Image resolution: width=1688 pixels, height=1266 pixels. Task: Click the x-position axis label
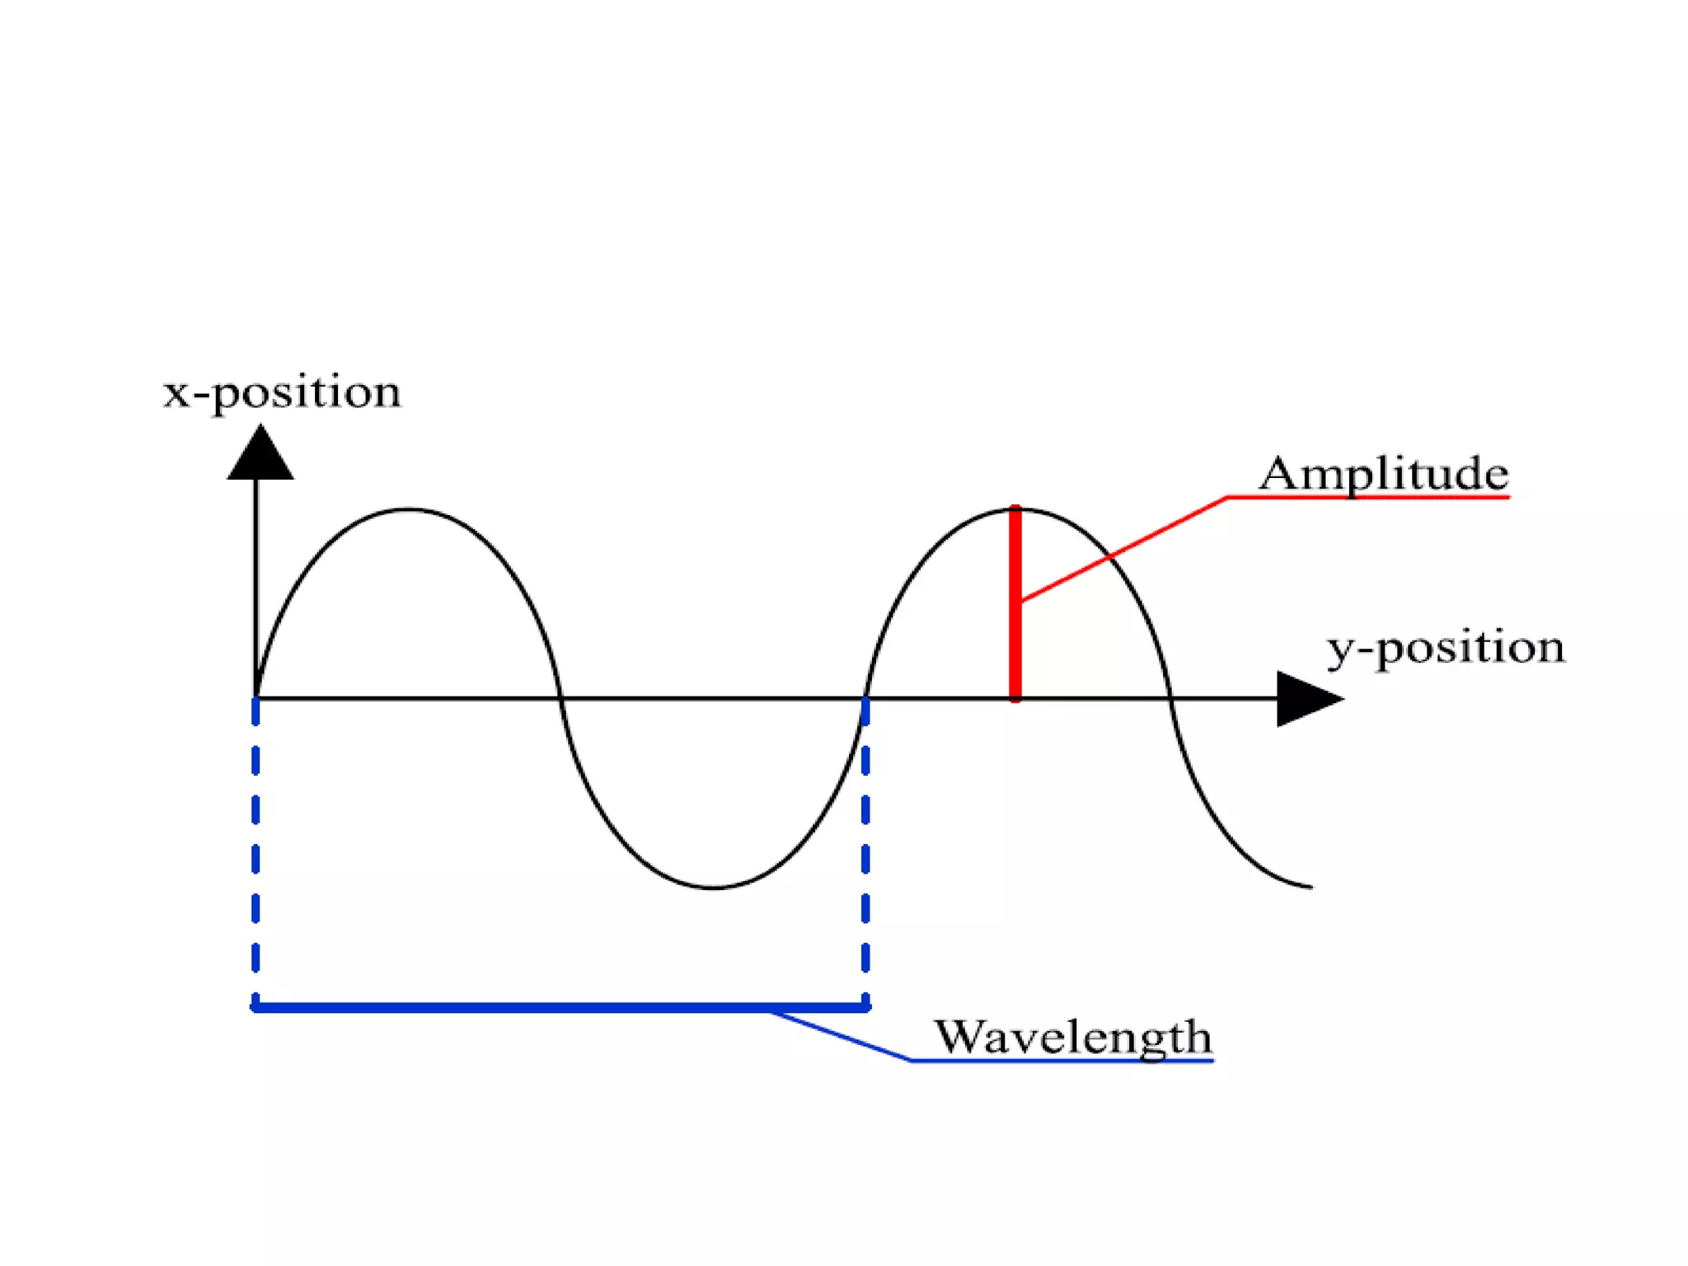282,392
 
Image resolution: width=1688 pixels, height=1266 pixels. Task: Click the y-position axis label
1445,648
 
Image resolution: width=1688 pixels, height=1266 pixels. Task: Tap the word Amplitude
1384,474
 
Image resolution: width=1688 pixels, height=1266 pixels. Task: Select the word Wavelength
1072,1037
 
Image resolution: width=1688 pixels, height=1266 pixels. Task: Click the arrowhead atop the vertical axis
260,455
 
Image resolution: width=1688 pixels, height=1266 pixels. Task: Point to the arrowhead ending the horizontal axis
1306,699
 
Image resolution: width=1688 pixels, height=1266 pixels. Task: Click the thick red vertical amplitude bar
1015,626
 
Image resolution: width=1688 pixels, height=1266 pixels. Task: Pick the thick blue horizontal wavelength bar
560,1007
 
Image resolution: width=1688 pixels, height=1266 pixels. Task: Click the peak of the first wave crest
408,510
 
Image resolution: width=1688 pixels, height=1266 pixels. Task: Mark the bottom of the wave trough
714,888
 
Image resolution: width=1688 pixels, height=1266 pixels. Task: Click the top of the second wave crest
1019,510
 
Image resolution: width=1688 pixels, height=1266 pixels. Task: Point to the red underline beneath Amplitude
1368,498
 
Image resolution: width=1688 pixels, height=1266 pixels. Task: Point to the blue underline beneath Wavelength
1063,1061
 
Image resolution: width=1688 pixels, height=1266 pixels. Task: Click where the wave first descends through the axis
561,699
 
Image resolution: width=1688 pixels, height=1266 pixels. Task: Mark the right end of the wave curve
1311,887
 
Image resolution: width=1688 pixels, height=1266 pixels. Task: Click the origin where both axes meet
256,699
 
